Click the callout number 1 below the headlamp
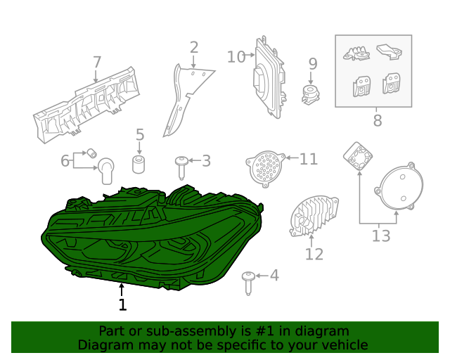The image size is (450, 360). (122, 304)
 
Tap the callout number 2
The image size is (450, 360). (193, 48)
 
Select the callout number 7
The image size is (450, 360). (97, 63)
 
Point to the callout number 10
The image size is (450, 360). (236, 56)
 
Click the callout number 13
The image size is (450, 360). (380, 236)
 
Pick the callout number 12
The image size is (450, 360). (314, 253)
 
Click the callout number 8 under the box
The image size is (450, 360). (378, 120)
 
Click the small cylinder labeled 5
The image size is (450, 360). (139, 166)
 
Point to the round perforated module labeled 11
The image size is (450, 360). (265, 167)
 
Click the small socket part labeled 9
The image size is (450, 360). (309, 94)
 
